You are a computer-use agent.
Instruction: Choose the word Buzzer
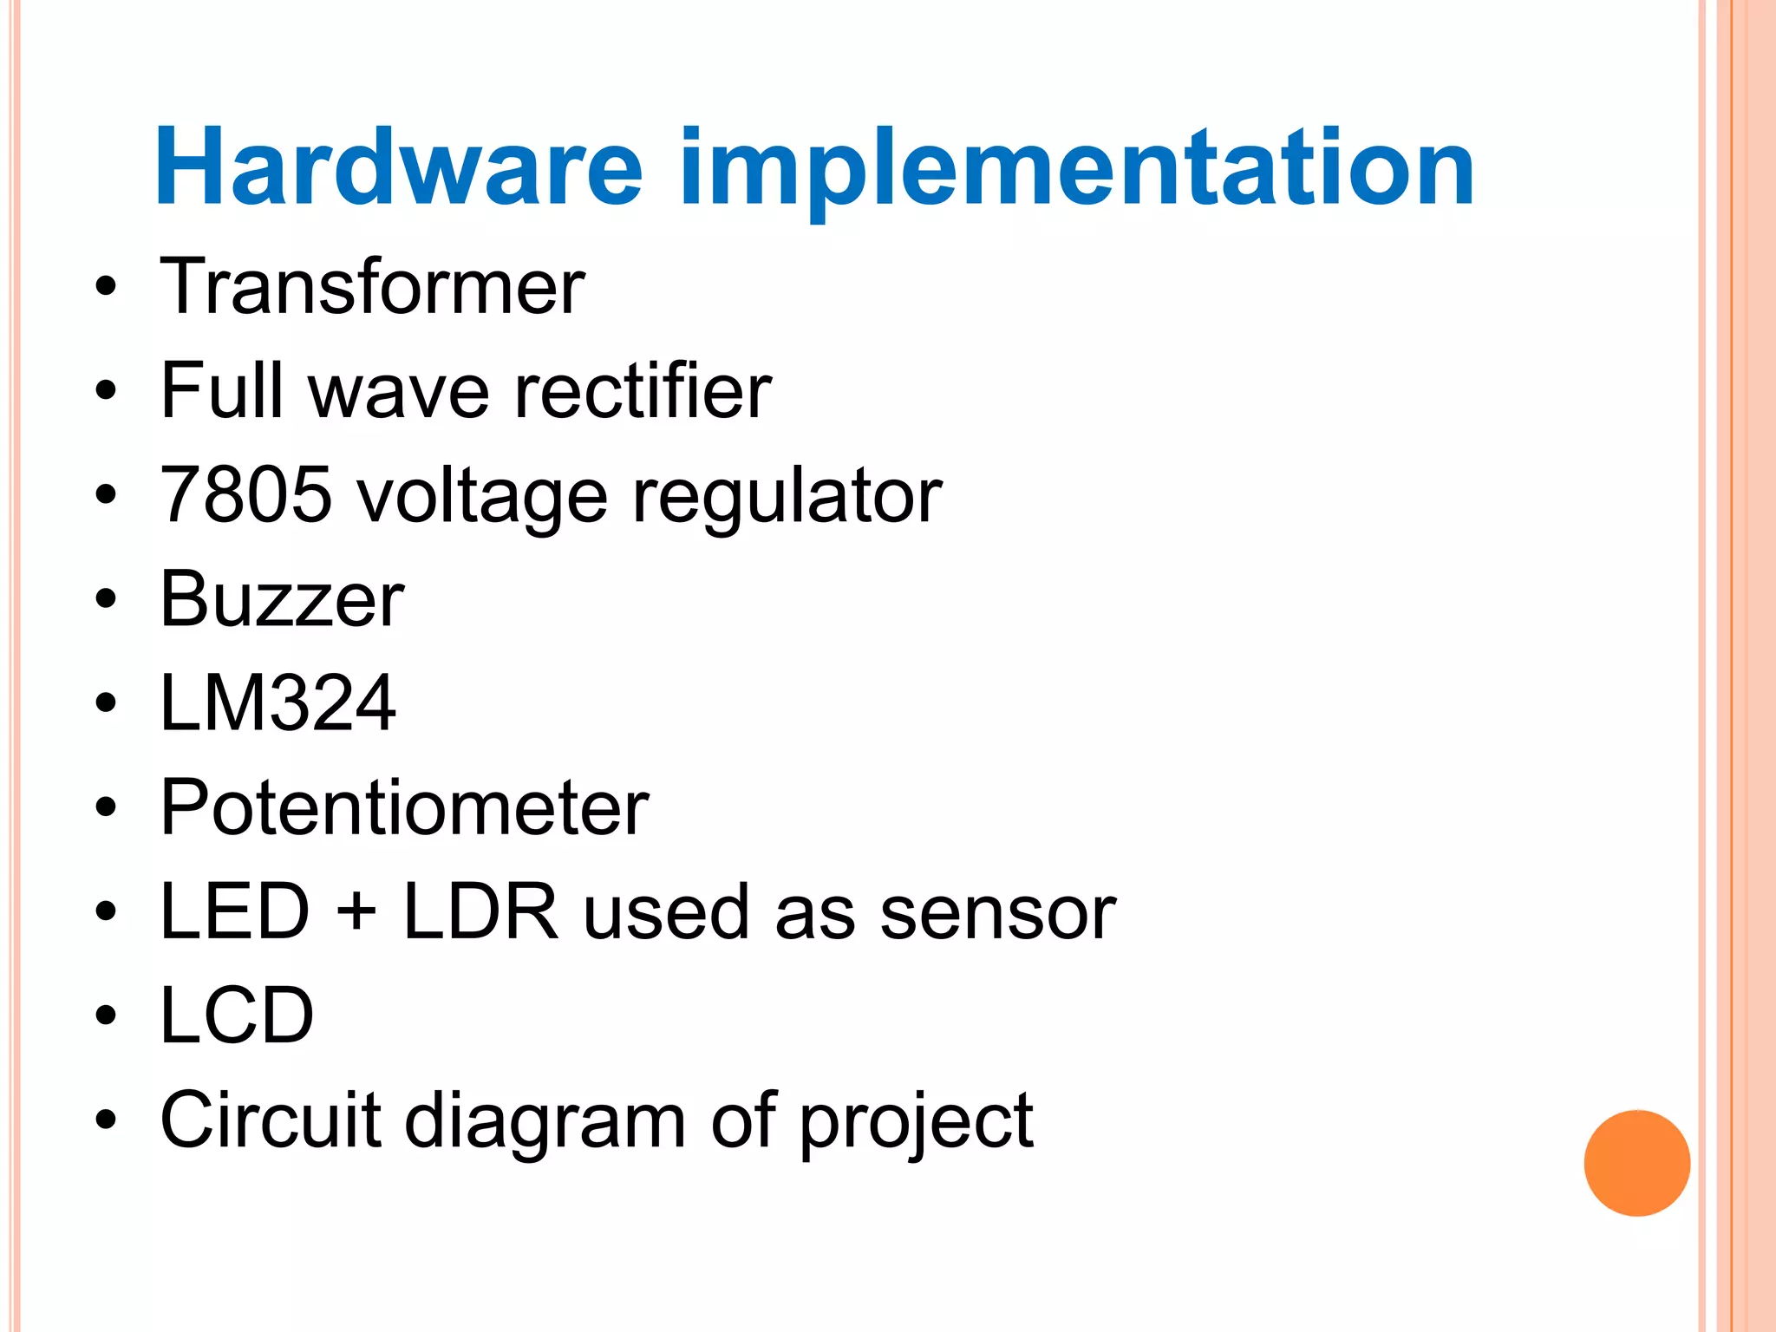tap(282, 599)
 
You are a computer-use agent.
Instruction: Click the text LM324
tap(278, 703)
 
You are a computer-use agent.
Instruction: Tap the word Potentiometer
tap(404, 807)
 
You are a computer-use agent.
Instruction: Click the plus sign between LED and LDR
tap(356, 913)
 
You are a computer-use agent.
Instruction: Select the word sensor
tap(997, 913)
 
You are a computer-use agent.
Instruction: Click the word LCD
tap(237, 1015)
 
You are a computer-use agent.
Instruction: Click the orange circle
tap(1636, 1163)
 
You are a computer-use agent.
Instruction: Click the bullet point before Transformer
tap(106, 287)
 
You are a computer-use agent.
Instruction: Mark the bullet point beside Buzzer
tap(106, 599)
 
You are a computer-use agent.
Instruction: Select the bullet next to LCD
tap(106, 1015)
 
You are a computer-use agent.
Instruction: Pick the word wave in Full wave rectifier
tap(398, 393)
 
